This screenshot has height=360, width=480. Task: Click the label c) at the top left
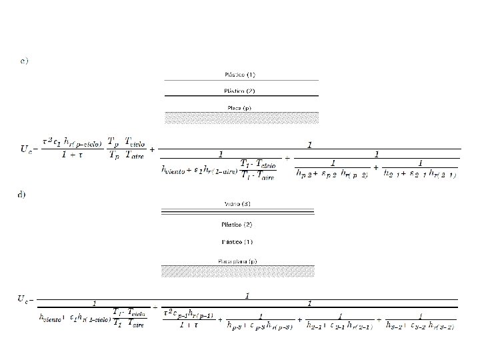pos(24,61)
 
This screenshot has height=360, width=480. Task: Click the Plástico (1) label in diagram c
pos(241,74)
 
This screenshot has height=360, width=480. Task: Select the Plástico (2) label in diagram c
pos(241,91)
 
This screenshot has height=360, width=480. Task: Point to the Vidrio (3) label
pos(237,203)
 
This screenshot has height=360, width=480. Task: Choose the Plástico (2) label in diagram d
pos(237,224)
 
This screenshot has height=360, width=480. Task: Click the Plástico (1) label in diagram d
pos(237,241)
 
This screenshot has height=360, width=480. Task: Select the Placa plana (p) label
pos(237,261)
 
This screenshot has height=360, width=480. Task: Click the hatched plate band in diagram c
pos(241,118)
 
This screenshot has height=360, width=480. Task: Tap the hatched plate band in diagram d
pos(237,271)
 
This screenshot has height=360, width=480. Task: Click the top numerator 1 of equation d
pos(247,294)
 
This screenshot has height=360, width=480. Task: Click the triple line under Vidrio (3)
pos(237,213)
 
